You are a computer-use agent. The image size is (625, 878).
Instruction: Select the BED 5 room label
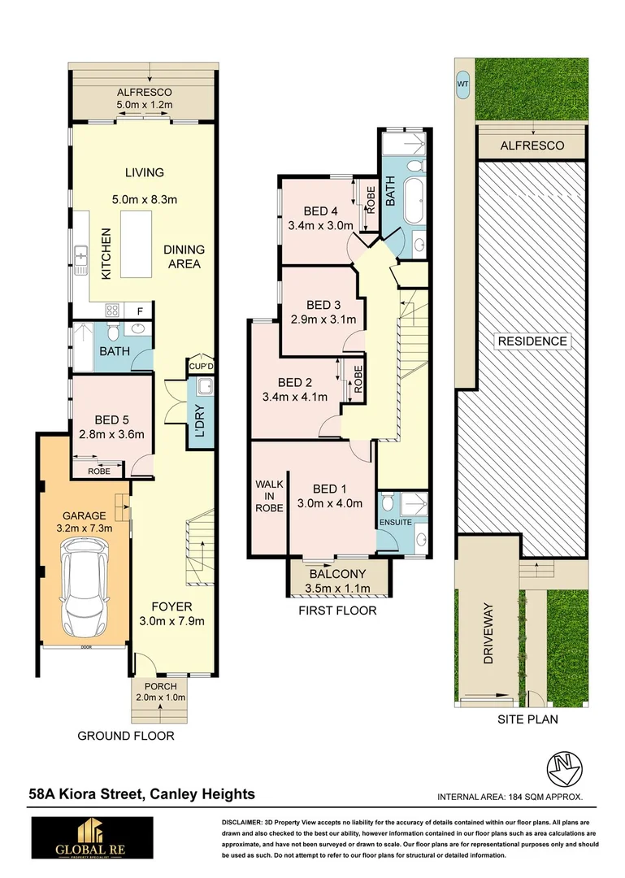(112, 420)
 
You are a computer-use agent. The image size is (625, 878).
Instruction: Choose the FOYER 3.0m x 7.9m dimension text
(171, 614)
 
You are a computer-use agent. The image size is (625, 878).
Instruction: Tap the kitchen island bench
(136, 244)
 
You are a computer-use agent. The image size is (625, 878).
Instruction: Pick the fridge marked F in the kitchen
(140, 310)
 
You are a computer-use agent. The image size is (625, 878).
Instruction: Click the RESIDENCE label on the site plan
(532, 341)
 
